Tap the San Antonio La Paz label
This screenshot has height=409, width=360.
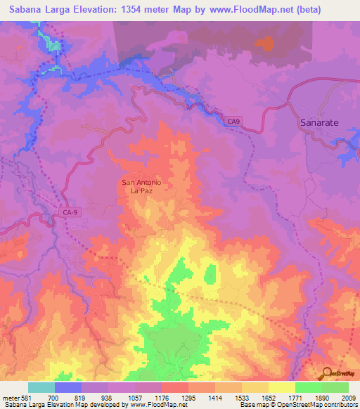pos(142,186)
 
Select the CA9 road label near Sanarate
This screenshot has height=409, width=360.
pos(233,121)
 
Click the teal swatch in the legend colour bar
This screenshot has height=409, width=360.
pos(41,387)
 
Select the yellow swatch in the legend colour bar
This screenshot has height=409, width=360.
pos(281,387)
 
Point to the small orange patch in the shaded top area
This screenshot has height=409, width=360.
pos(265,44)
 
